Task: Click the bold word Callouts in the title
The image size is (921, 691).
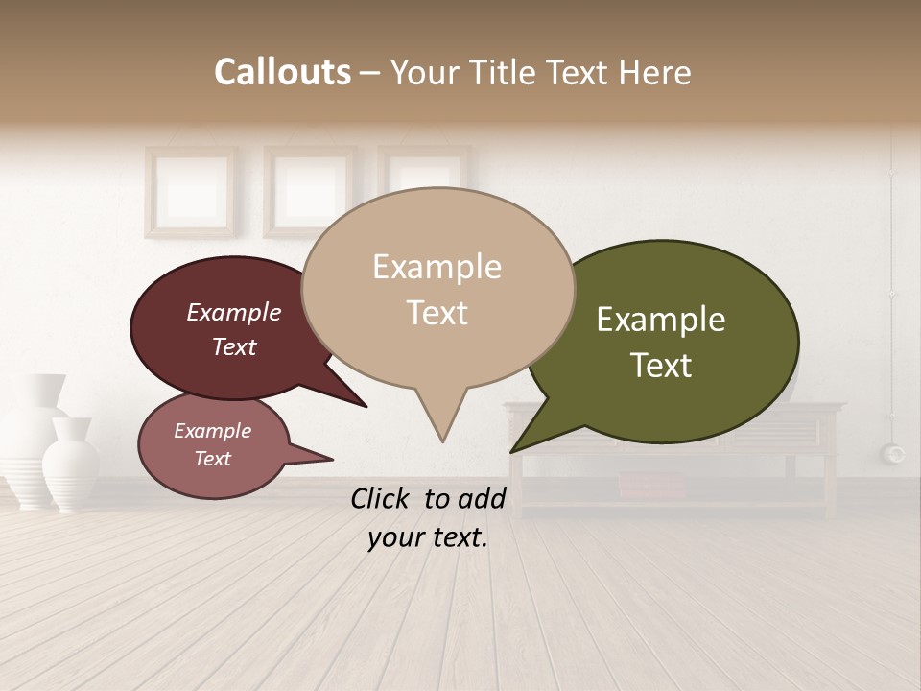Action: (282, 72)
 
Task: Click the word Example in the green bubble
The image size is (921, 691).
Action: (661, 320)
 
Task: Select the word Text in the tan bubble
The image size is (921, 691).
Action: (437, 313)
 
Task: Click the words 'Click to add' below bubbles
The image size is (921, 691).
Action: (428, 498)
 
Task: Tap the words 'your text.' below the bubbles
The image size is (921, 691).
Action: (428, 537)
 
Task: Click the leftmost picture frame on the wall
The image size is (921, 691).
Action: (190, 191)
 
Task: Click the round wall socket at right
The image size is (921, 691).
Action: (894, 453)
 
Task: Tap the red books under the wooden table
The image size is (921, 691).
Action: (652, 486)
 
